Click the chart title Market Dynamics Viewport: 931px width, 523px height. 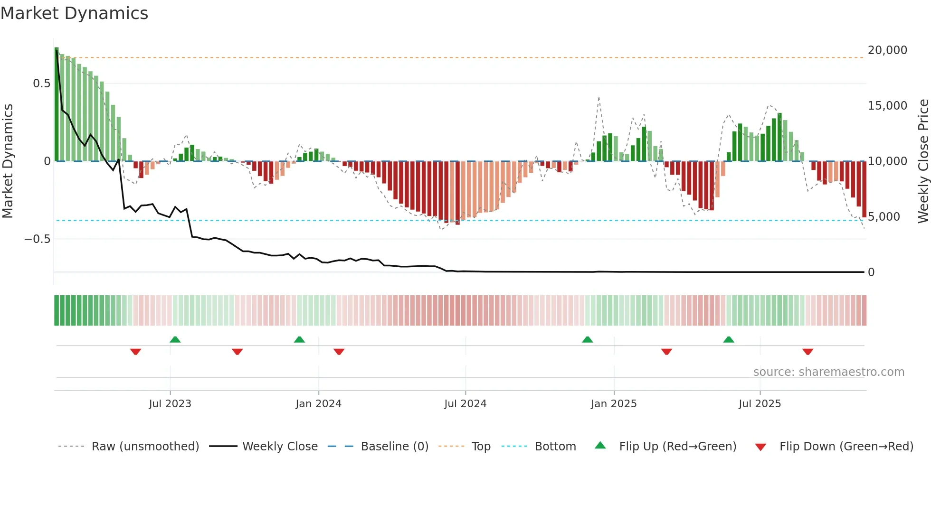(74, 13)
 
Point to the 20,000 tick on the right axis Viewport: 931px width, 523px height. (887, 50)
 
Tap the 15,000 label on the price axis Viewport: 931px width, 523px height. (887, 106)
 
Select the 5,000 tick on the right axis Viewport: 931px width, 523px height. (883, 217)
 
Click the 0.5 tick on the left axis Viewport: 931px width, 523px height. (41, 84)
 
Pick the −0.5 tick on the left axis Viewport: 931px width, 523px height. (38, 239)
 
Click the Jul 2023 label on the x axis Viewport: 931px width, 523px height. (170, 404)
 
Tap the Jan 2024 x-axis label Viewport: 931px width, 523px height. (318, 404)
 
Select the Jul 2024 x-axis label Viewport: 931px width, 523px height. (465, 404)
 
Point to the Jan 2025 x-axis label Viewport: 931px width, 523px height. (613, 404)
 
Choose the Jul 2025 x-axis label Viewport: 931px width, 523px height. (760, 404)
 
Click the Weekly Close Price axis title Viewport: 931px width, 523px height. (923, 161)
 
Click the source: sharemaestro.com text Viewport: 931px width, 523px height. (828, 372)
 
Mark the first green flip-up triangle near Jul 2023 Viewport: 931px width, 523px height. (175, 339)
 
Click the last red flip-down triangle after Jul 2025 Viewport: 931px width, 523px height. (807, 352)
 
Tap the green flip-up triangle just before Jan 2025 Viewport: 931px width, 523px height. (587, 339)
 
